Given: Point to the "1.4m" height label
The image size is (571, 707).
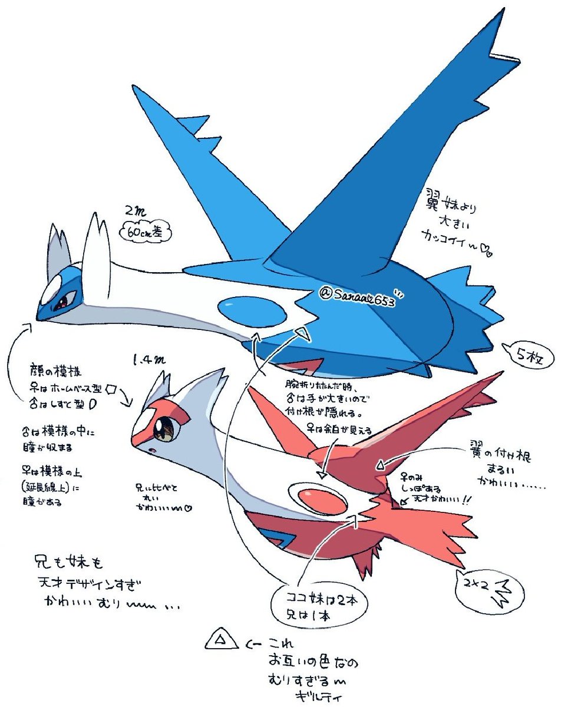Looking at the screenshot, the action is point(144,358).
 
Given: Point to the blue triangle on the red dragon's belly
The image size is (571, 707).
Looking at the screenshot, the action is point(273,538).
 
